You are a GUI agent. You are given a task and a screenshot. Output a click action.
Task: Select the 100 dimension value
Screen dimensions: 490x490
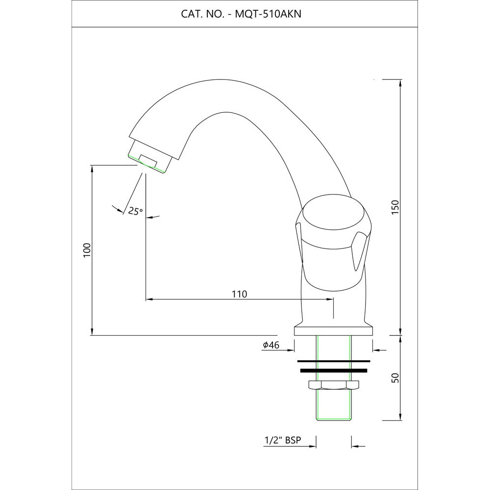pos(87,250)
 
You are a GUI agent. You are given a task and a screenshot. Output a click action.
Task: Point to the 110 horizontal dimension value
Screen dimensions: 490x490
pos(239,294)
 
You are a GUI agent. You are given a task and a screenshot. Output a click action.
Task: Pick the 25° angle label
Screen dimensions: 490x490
pos(135,211)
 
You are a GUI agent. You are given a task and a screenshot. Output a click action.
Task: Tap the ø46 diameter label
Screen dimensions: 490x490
pos(271,345)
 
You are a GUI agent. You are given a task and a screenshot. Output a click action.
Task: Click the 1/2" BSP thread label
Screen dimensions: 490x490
pos(281,441)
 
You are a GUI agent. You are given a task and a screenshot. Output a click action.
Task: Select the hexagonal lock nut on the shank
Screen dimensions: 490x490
pos(333,385)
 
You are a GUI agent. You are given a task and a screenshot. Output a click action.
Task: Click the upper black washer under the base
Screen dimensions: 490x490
pos(333,362)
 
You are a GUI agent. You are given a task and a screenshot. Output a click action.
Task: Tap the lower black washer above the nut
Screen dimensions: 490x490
pos(333,370)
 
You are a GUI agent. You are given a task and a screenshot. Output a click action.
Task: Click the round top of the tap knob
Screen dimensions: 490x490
pos(334,216)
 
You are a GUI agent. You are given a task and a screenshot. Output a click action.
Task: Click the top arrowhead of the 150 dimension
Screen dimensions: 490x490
pos(401,83)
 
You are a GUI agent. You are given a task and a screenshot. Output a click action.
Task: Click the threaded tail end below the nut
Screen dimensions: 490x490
pos(333,407)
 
